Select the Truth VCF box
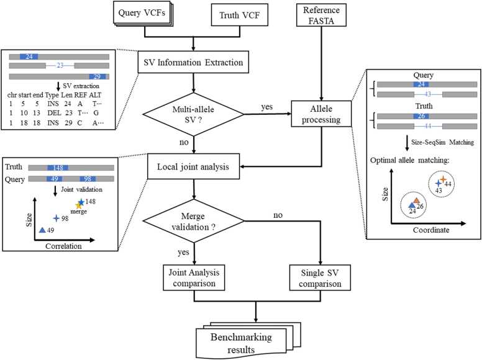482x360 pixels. pos(240,15)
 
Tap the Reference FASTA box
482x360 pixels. pos(321,15)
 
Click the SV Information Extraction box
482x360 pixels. pos(193,62)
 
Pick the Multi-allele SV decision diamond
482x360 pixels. pos(193,114)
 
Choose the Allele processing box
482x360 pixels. pos(321,114)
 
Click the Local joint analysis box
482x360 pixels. pos(193,166)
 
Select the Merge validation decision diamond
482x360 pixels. pos(193,221)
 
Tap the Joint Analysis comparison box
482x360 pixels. pos(194,277)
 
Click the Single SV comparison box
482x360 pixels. pos(320,277)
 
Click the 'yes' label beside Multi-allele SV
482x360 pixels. pos(267,107)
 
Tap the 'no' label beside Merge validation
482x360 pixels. pos(278,215)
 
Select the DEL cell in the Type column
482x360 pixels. pos(54,113)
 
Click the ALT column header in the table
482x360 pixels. pos(95,95)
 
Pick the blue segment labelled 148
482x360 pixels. pos(58,168)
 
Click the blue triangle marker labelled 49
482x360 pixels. pos(42,230)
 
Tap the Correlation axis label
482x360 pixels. pos(63,246)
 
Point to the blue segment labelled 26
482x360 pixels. pos(421,116)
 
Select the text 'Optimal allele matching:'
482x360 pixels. pos(409,160)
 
